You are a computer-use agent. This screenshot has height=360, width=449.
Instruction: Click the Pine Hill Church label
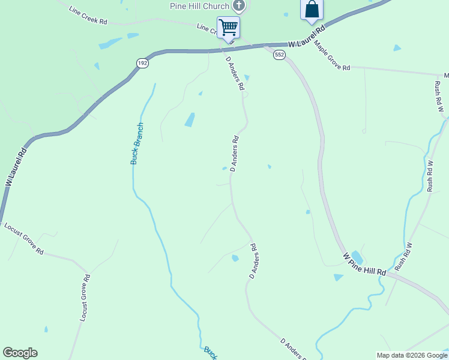[199, 6]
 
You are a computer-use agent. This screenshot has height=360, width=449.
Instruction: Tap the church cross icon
[240, 6]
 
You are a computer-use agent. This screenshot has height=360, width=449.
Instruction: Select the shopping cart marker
[228, 27]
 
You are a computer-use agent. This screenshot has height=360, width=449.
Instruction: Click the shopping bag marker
[312, 10]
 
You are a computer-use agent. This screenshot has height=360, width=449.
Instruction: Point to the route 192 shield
[142, 63]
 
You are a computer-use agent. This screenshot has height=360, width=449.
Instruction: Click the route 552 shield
[279, 55]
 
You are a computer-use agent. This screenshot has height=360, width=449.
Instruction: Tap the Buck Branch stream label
[137, 143]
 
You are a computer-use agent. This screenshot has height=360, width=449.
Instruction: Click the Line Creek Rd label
[88, 16]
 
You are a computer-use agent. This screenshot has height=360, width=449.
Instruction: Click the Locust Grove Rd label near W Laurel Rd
[23, 238]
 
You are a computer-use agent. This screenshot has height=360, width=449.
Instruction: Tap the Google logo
[20, 353]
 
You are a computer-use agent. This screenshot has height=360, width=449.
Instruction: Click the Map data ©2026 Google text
[411, 355]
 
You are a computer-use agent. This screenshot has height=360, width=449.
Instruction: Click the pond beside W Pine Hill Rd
[356, 257]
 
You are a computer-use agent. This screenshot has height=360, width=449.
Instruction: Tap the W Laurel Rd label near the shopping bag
[306, 36]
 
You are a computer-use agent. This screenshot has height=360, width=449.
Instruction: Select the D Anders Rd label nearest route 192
[235, 73]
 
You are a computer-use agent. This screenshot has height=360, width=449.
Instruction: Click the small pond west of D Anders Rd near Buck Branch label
[190, 119]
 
